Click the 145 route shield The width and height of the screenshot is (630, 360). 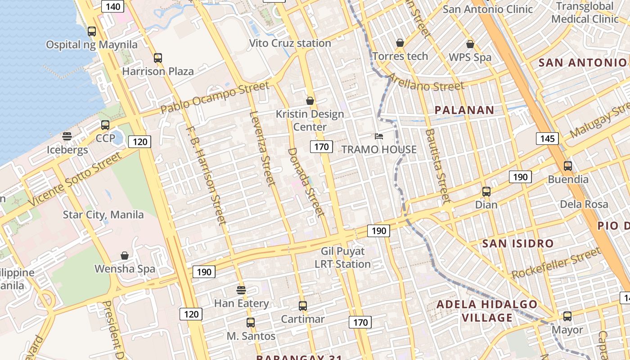point(547,138)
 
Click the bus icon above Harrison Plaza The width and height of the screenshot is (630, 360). point(157,58)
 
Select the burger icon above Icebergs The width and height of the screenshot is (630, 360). point(67,136)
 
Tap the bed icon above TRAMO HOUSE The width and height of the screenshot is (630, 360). point(379,136)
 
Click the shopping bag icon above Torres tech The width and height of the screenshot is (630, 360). point(400,43)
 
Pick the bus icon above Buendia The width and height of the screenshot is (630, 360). point(568,166)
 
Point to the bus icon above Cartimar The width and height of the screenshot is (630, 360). point(303,306)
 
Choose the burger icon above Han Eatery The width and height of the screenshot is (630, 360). point(241,290)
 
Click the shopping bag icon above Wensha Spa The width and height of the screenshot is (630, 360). point(125,256)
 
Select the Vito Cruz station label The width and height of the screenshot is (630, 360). point(290,43)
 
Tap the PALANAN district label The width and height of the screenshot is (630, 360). point(464,110)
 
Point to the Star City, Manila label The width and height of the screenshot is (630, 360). point(103,215)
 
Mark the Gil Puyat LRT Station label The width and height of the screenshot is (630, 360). point(343,257)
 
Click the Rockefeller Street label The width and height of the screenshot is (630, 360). point(556,263)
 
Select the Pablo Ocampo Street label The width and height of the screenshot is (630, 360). point(215,97)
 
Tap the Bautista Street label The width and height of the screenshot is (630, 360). point(437,166)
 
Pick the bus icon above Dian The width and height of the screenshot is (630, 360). point(486,192)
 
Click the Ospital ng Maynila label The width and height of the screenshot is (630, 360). point(92,45)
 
